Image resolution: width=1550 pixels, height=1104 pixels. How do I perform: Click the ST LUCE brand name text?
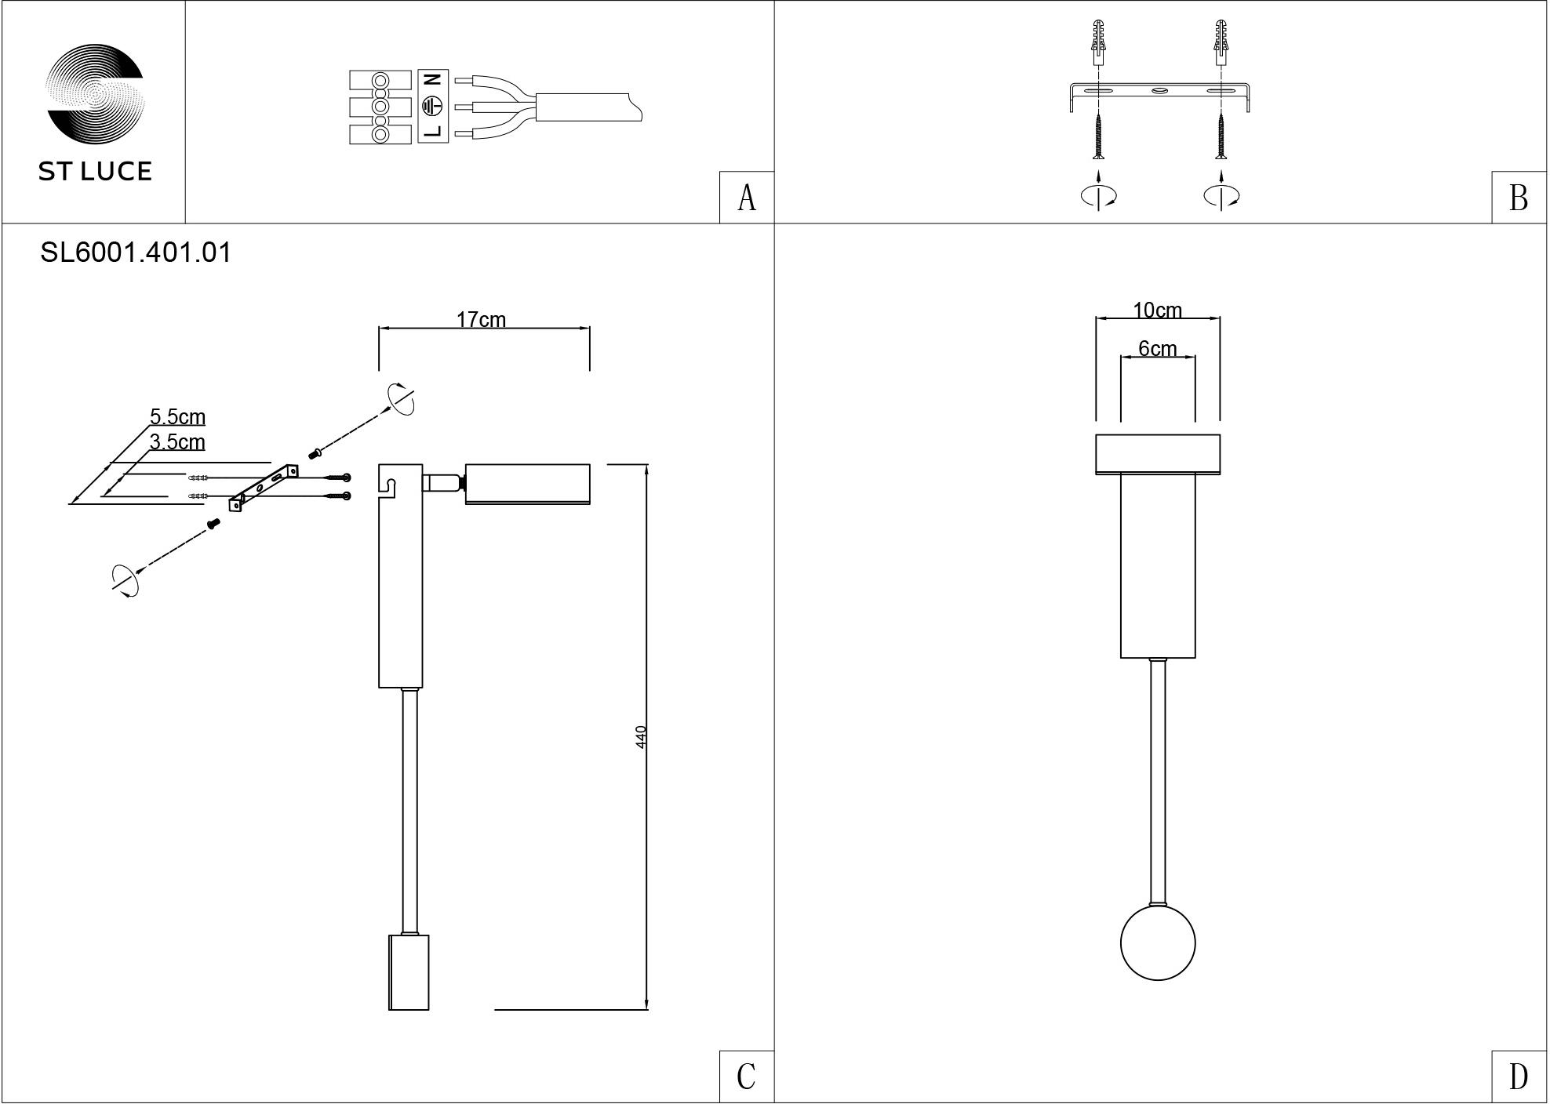[95, 172]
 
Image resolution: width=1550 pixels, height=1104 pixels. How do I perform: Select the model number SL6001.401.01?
[136, 252]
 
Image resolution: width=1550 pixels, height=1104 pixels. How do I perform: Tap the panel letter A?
[747, 198]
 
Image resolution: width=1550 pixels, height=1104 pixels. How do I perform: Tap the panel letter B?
[1519, 198]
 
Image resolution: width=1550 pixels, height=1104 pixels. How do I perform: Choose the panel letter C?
[746, 1077]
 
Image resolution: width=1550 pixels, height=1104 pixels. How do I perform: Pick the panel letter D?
[1519, 1077]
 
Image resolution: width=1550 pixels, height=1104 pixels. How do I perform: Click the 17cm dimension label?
[481, 319]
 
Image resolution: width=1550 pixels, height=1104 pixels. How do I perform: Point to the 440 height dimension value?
[641, 737]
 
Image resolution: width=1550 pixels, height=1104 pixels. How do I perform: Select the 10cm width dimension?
[1157, 310]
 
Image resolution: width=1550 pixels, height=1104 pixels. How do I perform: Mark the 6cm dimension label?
[1157, 348]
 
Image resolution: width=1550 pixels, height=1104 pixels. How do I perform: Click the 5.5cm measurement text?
[177, 416]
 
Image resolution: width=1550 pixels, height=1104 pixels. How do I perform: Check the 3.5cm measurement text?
[177, 441]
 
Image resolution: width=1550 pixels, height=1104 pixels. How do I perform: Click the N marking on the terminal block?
[433, 79]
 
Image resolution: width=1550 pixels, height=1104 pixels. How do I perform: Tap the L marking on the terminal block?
[433, 131]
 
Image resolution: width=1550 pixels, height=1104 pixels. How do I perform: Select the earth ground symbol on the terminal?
[433, 106]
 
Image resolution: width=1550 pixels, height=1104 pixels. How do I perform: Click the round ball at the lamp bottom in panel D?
[1158, 943]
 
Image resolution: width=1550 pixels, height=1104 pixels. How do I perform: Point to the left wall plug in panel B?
[1099, 43]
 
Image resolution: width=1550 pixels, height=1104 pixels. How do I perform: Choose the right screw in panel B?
[1221, 136]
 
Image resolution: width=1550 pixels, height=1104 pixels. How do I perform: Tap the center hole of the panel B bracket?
[1159, 92]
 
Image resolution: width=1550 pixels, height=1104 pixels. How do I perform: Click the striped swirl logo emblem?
[95, 95]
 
